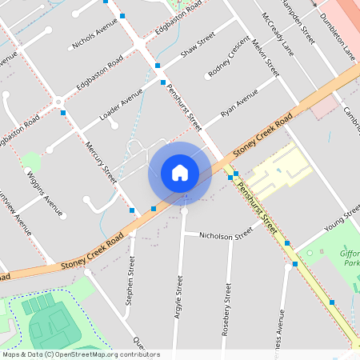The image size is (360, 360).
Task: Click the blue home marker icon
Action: click(180, 173)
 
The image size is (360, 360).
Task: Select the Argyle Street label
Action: click(179, 298)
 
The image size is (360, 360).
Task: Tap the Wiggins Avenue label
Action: click(45, 194)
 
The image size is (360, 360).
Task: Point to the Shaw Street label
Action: click(198, 46)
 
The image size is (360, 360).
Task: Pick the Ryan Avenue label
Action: click(239, 106)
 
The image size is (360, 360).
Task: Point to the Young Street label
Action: click(342, 217)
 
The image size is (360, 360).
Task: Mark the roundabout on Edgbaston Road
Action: click(58, 102)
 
